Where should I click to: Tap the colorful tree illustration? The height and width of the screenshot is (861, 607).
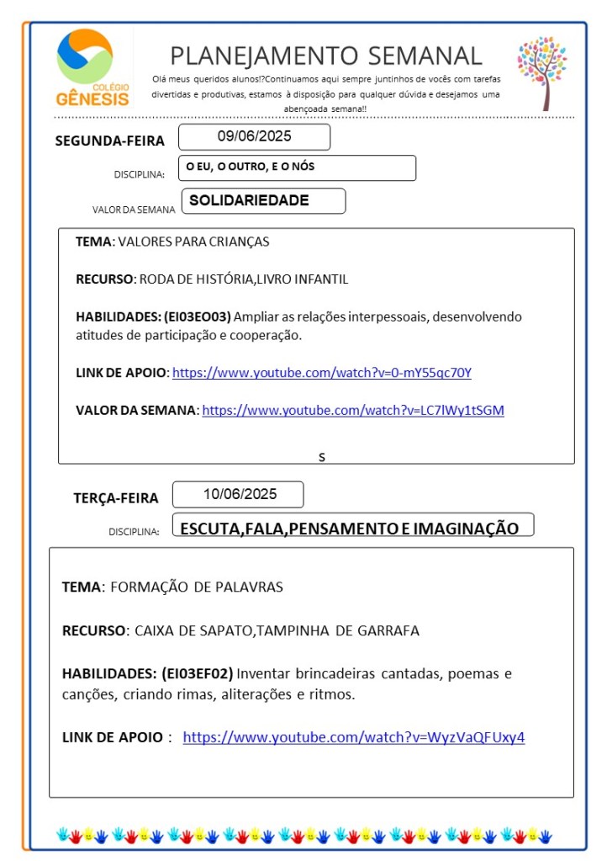coord(542,72)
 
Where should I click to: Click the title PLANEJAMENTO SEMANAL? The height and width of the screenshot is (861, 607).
coord(326,56)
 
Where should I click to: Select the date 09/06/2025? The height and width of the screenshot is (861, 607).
coord(254,136)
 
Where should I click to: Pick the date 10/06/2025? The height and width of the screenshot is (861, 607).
coord(238,494)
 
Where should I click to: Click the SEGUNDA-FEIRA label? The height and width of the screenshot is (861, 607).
coord(109,141)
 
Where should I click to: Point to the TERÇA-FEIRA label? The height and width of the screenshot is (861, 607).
coord(116,498)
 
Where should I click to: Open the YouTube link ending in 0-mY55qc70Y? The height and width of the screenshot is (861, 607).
coord(322,373)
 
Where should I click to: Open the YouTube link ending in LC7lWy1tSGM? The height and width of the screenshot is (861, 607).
coord(353,410)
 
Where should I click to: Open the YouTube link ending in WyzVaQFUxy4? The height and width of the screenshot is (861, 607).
coord(354,737)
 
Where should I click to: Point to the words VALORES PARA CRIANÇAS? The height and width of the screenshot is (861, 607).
coord(193,242)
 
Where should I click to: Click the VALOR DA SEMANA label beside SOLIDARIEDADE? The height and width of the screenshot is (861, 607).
coord(134,210)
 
